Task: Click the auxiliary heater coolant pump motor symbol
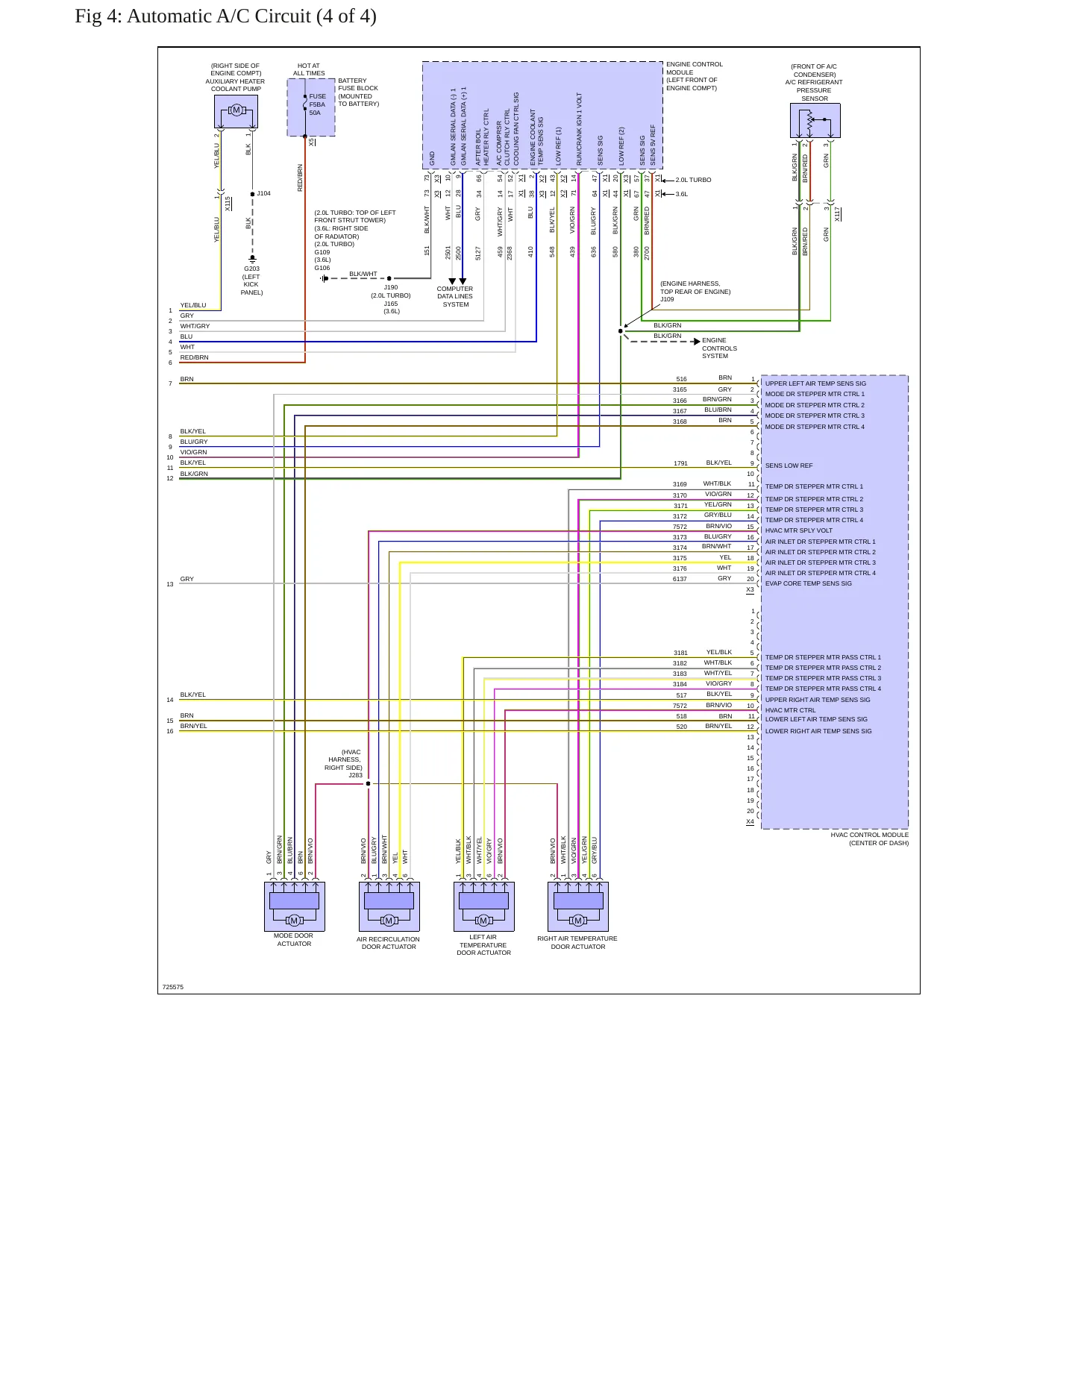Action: pos(236,111)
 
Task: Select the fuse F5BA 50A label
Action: pos(317,104)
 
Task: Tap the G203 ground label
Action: pos(251,269)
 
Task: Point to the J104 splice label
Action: pos(263,193)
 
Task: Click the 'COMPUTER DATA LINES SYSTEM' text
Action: pos(455,297)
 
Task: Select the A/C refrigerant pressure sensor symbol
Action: pos(815,120)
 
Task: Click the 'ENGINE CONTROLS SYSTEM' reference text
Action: pos(719,348)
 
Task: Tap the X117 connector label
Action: pos(838,214)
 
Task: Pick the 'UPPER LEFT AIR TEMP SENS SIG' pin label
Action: pos(815,383)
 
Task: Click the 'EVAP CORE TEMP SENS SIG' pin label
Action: pos(808,583)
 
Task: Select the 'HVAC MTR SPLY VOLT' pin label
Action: pos(798,530)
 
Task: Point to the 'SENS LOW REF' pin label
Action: pos(789,465)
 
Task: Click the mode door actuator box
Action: pos(294,906)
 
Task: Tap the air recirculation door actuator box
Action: pos(389,906)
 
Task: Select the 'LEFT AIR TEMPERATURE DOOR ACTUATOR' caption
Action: pos(483,945)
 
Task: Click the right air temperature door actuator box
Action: pos(577,906)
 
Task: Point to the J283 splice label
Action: pos(355,775)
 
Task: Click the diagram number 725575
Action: pos(172,987)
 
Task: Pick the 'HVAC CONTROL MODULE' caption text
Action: pos(870,835)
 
